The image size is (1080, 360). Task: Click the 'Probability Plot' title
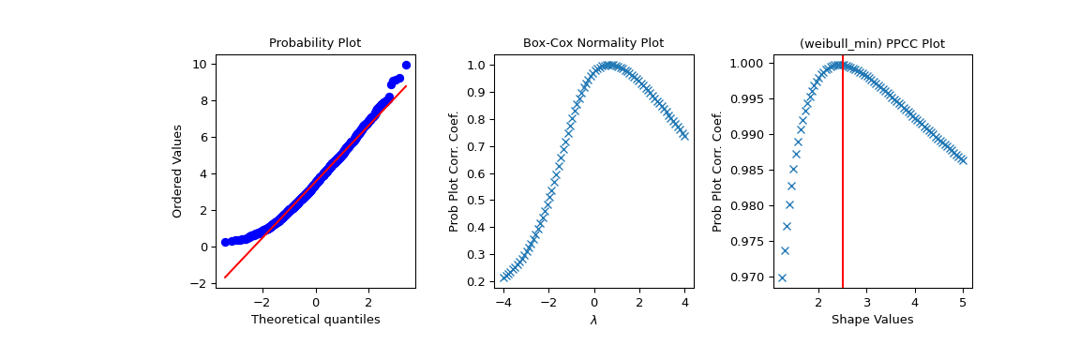click(315, 43)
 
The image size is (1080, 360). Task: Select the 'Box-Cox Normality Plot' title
click(592, 43)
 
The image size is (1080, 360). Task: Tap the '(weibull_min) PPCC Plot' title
click(871, 43)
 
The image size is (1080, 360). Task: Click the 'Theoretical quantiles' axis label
click(315, 320)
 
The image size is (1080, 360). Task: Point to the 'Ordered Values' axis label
click(177, 172)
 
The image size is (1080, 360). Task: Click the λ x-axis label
click(592, 320)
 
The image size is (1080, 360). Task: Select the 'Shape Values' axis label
click(871, 320)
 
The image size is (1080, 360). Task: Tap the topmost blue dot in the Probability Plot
click(406, 66)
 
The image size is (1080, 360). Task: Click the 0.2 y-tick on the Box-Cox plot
click(478, 281)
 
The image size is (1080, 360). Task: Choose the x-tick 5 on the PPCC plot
click(963, 303)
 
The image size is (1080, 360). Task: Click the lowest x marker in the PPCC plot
click(782, 277)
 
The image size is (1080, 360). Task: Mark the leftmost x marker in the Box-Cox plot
click(503, 277)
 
